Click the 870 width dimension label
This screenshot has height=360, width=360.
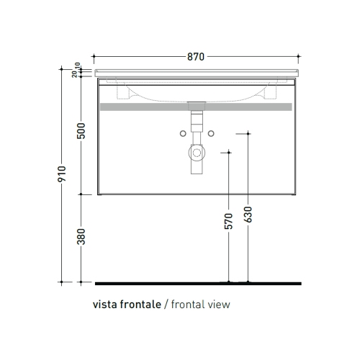[x=196, y=57]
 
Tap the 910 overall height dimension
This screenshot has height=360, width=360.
[x=62, y=174]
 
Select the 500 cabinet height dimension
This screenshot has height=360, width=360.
[x=81, y=131]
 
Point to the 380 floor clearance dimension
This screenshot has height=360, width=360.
[x=81, y=237]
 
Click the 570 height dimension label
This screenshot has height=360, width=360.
[x=228, y=221]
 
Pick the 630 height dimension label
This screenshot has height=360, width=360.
[x=248, y=215]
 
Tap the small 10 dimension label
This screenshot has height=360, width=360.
[x=77, y=65]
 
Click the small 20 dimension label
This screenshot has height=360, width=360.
[x=74, y=74]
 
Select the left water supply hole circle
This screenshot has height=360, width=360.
[x=183, y=133]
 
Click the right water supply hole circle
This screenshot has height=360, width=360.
[x=211, y=133]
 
